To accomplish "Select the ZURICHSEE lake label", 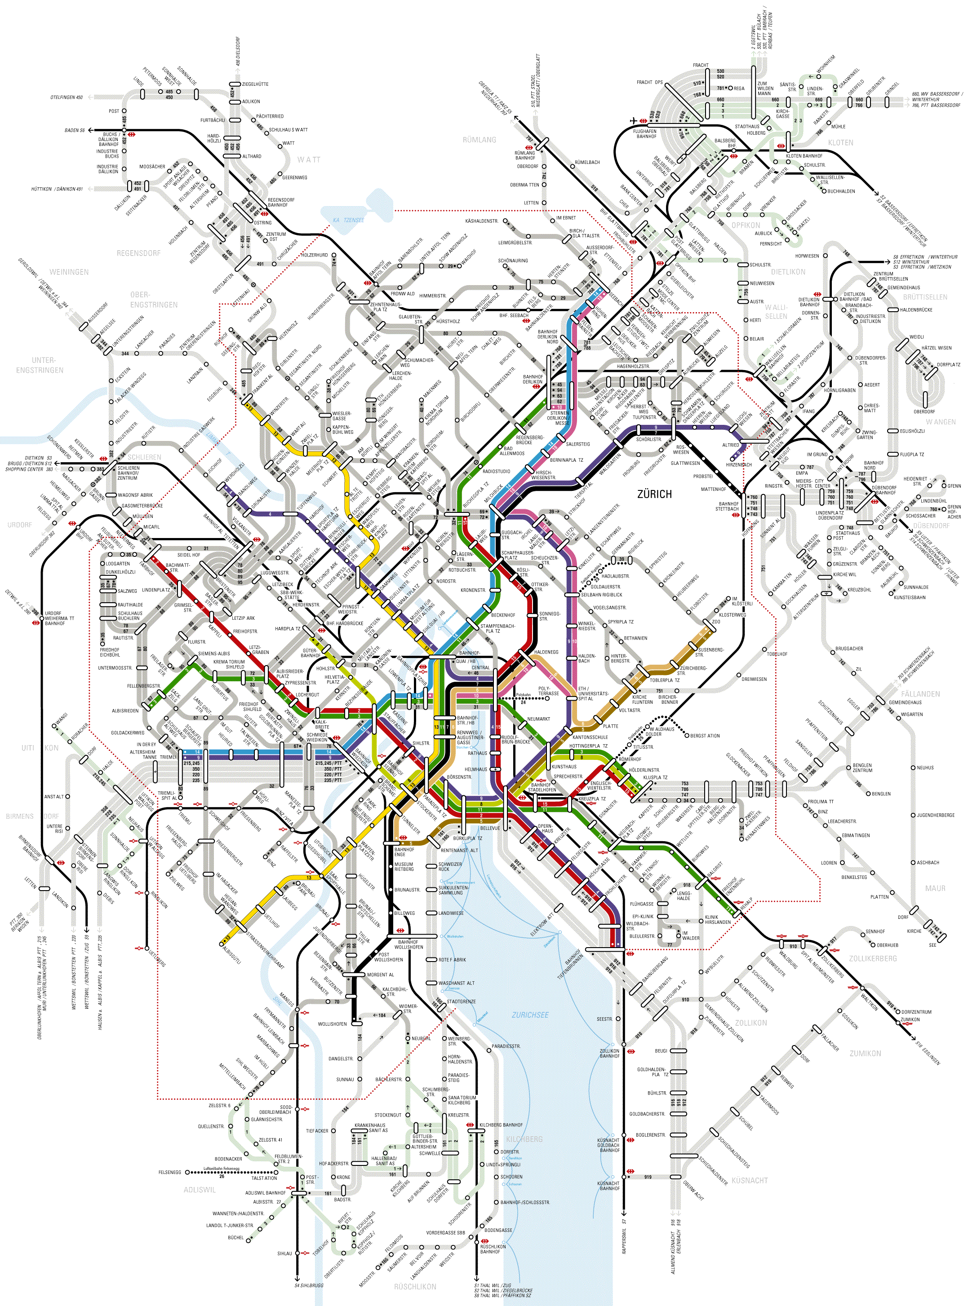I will (530, 1015).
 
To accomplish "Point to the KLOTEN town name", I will (840, 143).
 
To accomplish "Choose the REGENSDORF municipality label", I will (138, 253).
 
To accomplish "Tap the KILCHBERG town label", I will (524, 1139).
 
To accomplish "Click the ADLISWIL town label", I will (200, 1189).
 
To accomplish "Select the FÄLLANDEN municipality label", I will (920, 694).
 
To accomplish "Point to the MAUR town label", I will (935, 888).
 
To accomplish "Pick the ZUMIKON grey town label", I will (865, 1053).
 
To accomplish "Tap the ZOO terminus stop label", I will (716, 622).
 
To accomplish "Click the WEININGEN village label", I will (69, 272).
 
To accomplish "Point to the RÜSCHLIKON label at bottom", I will (415, 1287).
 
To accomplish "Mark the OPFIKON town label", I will (746, 225).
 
